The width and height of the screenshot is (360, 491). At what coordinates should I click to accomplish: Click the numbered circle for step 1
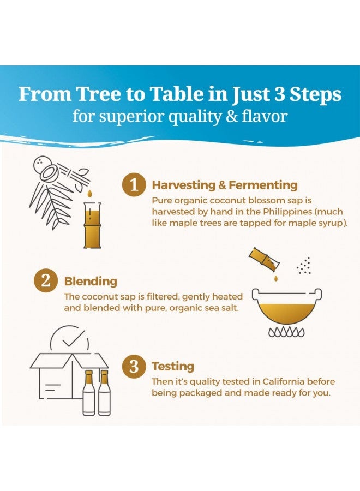click(134, 185)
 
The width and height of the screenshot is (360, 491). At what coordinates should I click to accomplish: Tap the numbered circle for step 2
click(46, 280)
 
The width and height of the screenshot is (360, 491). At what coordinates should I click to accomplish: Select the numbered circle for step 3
click(134, 366)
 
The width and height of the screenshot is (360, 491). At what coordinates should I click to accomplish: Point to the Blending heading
click(91, 282)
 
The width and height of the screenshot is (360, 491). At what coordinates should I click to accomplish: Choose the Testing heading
click(173, 367)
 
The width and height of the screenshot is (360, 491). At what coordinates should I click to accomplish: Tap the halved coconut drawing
click(49, 172)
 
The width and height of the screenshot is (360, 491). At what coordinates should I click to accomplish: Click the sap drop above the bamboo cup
click(90, 194)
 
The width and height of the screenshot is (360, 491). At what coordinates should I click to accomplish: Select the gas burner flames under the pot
click(286, 332)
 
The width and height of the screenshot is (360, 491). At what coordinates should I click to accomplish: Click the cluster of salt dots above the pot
click(304, 266)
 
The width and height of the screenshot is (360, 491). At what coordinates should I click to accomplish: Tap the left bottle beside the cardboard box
click(88, 393)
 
